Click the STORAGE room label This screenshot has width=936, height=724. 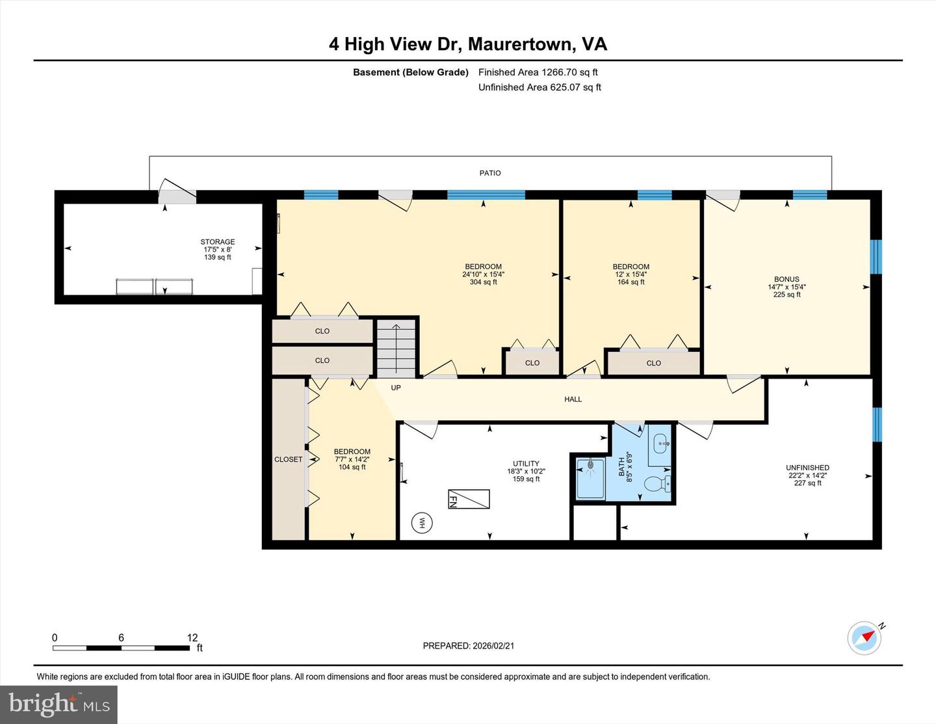click(217, 242)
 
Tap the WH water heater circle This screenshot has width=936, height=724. click(422, 523)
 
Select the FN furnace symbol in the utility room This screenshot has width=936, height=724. click(468, 500)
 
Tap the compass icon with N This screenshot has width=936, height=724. click(864, 637)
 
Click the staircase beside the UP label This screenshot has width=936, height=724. click(396, 348)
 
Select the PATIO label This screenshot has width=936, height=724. click(490, 173)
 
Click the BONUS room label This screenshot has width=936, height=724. click(786, 279)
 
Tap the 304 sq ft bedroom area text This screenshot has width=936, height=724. click(483, 282)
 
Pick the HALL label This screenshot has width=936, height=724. click(573, 399)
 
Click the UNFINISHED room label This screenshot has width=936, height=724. click(807, 468)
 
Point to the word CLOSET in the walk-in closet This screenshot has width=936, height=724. click(288, 459)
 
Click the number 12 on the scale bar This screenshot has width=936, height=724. click(192, 637)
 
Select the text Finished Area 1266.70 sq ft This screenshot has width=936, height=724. click(538, 72)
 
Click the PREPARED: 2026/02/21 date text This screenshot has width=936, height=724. click(468, 646)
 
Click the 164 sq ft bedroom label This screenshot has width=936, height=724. click(630, 282)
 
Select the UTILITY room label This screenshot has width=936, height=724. click(526, 464)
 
